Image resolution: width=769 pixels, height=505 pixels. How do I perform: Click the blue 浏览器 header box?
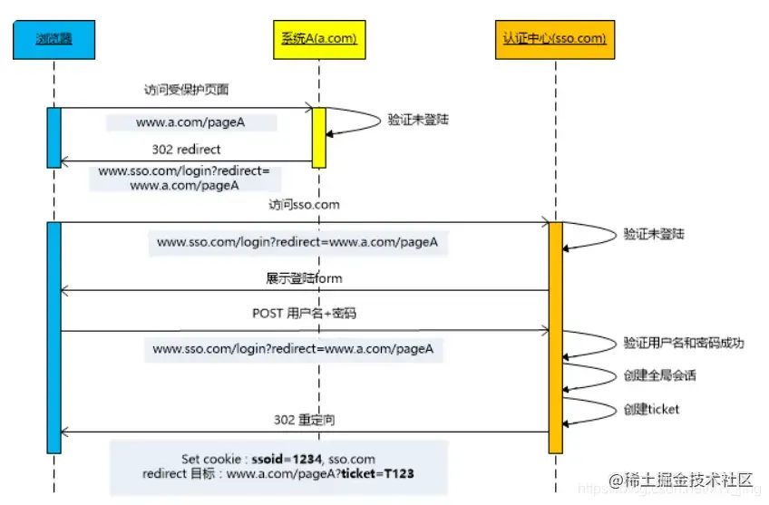54,39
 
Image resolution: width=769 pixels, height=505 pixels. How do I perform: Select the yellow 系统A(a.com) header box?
318,39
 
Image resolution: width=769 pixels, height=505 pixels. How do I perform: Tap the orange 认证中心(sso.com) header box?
555,39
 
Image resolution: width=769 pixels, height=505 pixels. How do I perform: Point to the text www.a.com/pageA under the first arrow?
178,122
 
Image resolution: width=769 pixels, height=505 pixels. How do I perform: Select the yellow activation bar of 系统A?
319,137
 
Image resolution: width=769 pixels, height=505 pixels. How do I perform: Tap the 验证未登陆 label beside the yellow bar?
418,119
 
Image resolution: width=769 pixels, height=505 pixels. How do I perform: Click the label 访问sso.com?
304,205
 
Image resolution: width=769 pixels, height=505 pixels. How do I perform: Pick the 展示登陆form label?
304,277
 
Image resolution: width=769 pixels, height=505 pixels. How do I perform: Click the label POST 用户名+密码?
304,314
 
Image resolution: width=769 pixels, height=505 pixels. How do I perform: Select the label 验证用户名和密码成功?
684,343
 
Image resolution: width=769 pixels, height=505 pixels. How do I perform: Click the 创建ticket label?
651,409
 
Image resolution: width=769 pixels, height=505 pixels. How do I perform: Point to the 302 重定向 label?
304,421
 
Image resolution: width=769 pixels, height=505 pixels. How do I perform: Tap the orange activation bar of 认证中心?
556,335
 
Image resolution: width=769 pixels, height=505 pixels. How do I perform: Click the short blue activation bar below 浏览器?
54,137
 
